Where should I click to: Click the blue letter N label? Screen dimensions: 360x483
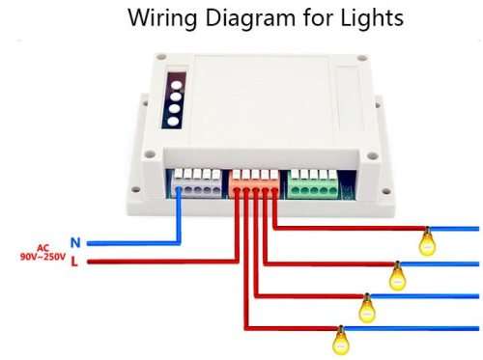pos(75,242)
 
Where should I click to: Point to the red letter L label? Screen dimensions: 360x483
pos(75,262)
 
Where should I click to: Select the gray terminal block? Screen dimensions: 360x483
pos(198,183)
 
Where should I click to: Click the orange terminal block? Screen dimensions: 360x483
pos(256,183)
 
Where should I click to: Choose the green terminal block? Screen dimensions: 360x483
pos(314,183)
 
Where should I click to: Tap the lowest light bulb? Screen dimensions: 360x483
pos(339,340)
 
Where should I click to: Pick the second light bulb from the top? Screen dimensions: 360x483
pos(397,276)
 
